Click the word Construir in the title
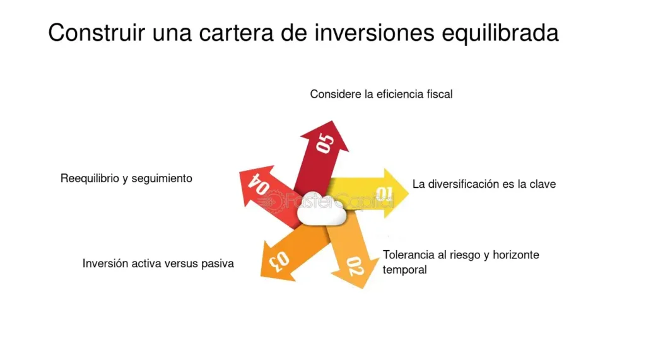point(97,33)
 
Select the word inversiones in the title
point(375,33)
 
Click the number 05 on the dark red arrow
point(325,143)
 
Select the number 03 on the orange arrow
point(279,261)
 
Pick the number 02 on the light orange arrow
point(355,266)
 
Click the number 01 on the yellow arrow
point(384,193)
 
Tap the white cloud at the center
point(322,210)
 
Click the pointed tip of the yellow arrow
point(408,192)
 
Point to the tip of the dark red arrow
point(332,122)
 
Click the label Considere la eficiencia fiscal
point(381,95)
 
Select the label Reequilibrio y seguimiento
point(126,178)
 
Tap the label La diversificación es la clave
point(484,184)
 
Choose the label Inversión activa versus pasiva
point(158,263)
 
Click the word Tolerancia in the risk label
point(409,255)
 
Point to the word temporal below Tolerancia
point(404,270)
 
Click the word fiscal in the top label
point(440,95)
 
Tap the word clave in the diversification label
point(543,184)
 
